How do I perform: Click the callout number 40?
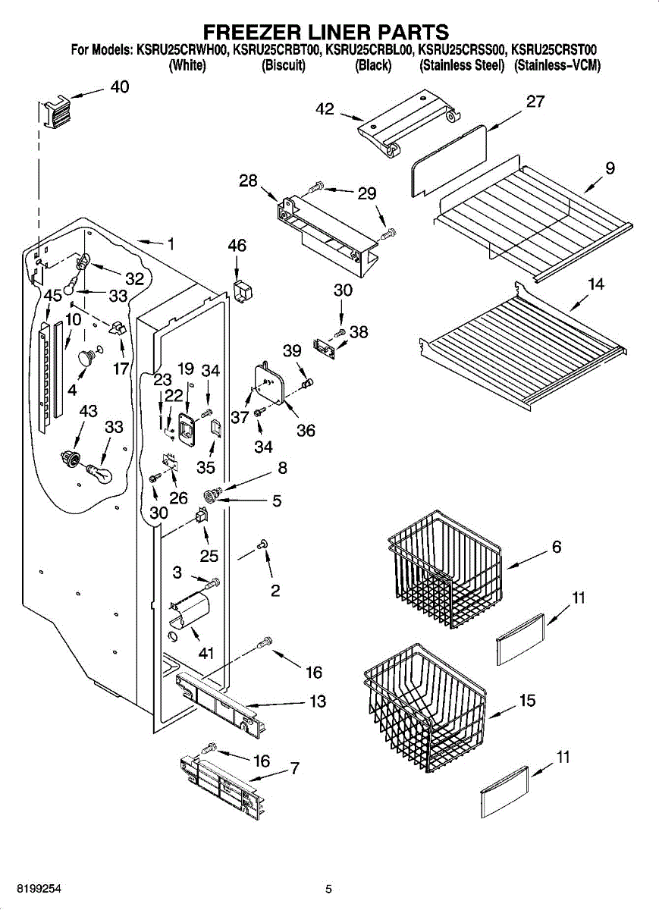pos(120,87)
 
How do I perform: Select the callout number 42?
pos(325,109)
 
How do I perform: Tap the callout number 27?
pos(535,102)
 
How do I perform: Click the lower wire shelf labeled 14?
pos(523,334)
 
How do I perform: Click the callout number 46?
pos(237,246)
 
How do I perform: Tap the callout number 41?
pos(206,653)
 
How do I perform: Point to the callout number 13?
pos(318,701)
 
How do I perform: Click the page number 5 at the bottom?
pos(329,889)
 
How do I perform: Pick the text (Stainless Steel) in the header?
pos(462,66)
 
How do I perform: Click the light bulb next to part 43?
pos(99,473)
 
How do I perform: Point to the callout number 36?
pos(306,430)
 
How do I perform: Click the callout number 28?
pos(248,180)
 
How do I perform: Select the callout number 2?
pos(275,590)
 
